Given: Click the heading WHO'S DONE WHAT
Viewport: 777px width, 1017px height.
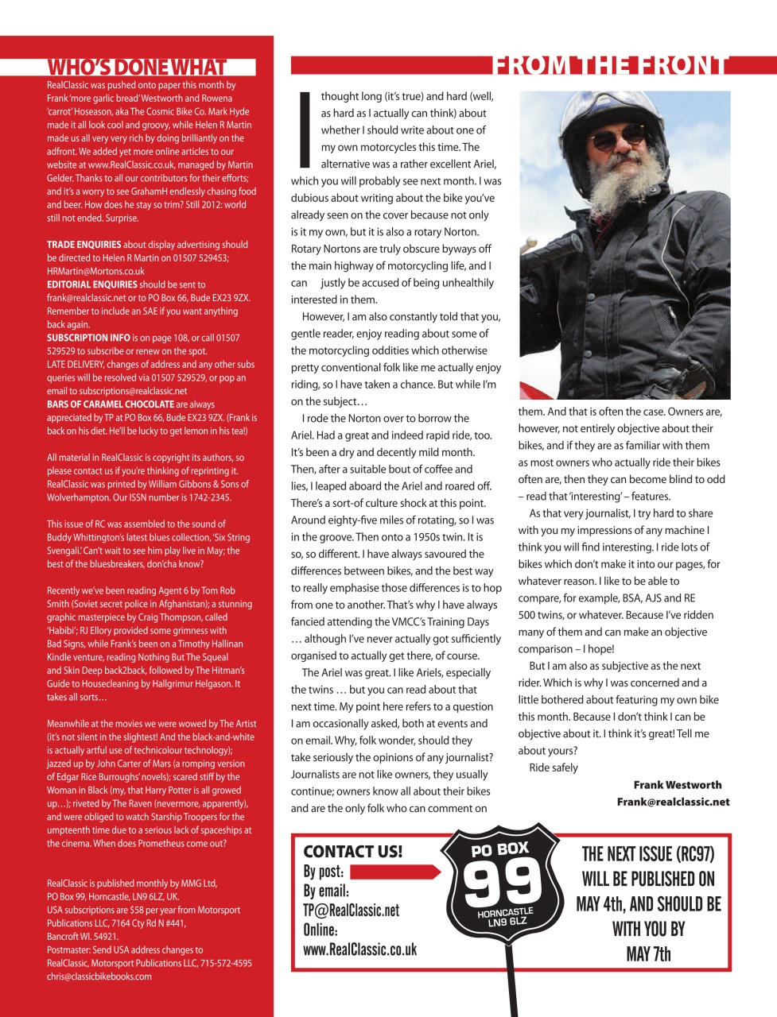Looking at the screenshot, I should coord(137,68).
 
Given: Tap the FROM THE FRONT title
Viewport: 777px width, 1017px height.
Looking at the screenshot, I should coord(609,65).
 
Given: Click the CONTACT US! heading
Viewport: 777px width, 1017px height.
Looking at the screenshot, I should coord(352,852).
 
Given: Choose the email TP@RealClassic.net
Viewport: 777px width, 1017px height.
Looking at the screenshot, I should coord(351,911).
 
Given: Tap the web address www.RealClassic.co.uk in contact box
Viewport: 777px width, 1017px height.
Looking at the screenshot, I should coord(359,949).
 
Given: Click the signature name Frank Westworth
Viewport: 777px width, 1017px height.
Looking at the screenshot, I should coord(678,785).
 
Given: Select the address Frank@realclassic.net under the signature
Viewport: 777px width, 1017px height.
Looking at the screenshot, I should coord(673,802).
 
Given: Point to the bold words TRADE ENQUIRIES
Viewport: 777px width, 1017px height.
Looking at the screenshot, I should coord(84,245).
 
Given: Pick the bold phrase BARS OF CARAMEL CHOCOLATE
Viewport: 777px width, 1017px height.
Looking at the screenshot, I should coord(111,404).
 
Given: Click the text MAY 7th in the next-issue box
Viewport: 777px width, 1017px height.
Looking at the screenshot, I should coord(648,953).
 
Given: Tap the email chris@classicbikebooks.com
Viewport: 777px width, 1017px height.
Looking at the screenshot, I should coord(99,976).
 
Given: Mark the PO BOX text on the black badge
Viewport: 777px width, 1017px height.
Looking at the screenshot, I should coord(500,849).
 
